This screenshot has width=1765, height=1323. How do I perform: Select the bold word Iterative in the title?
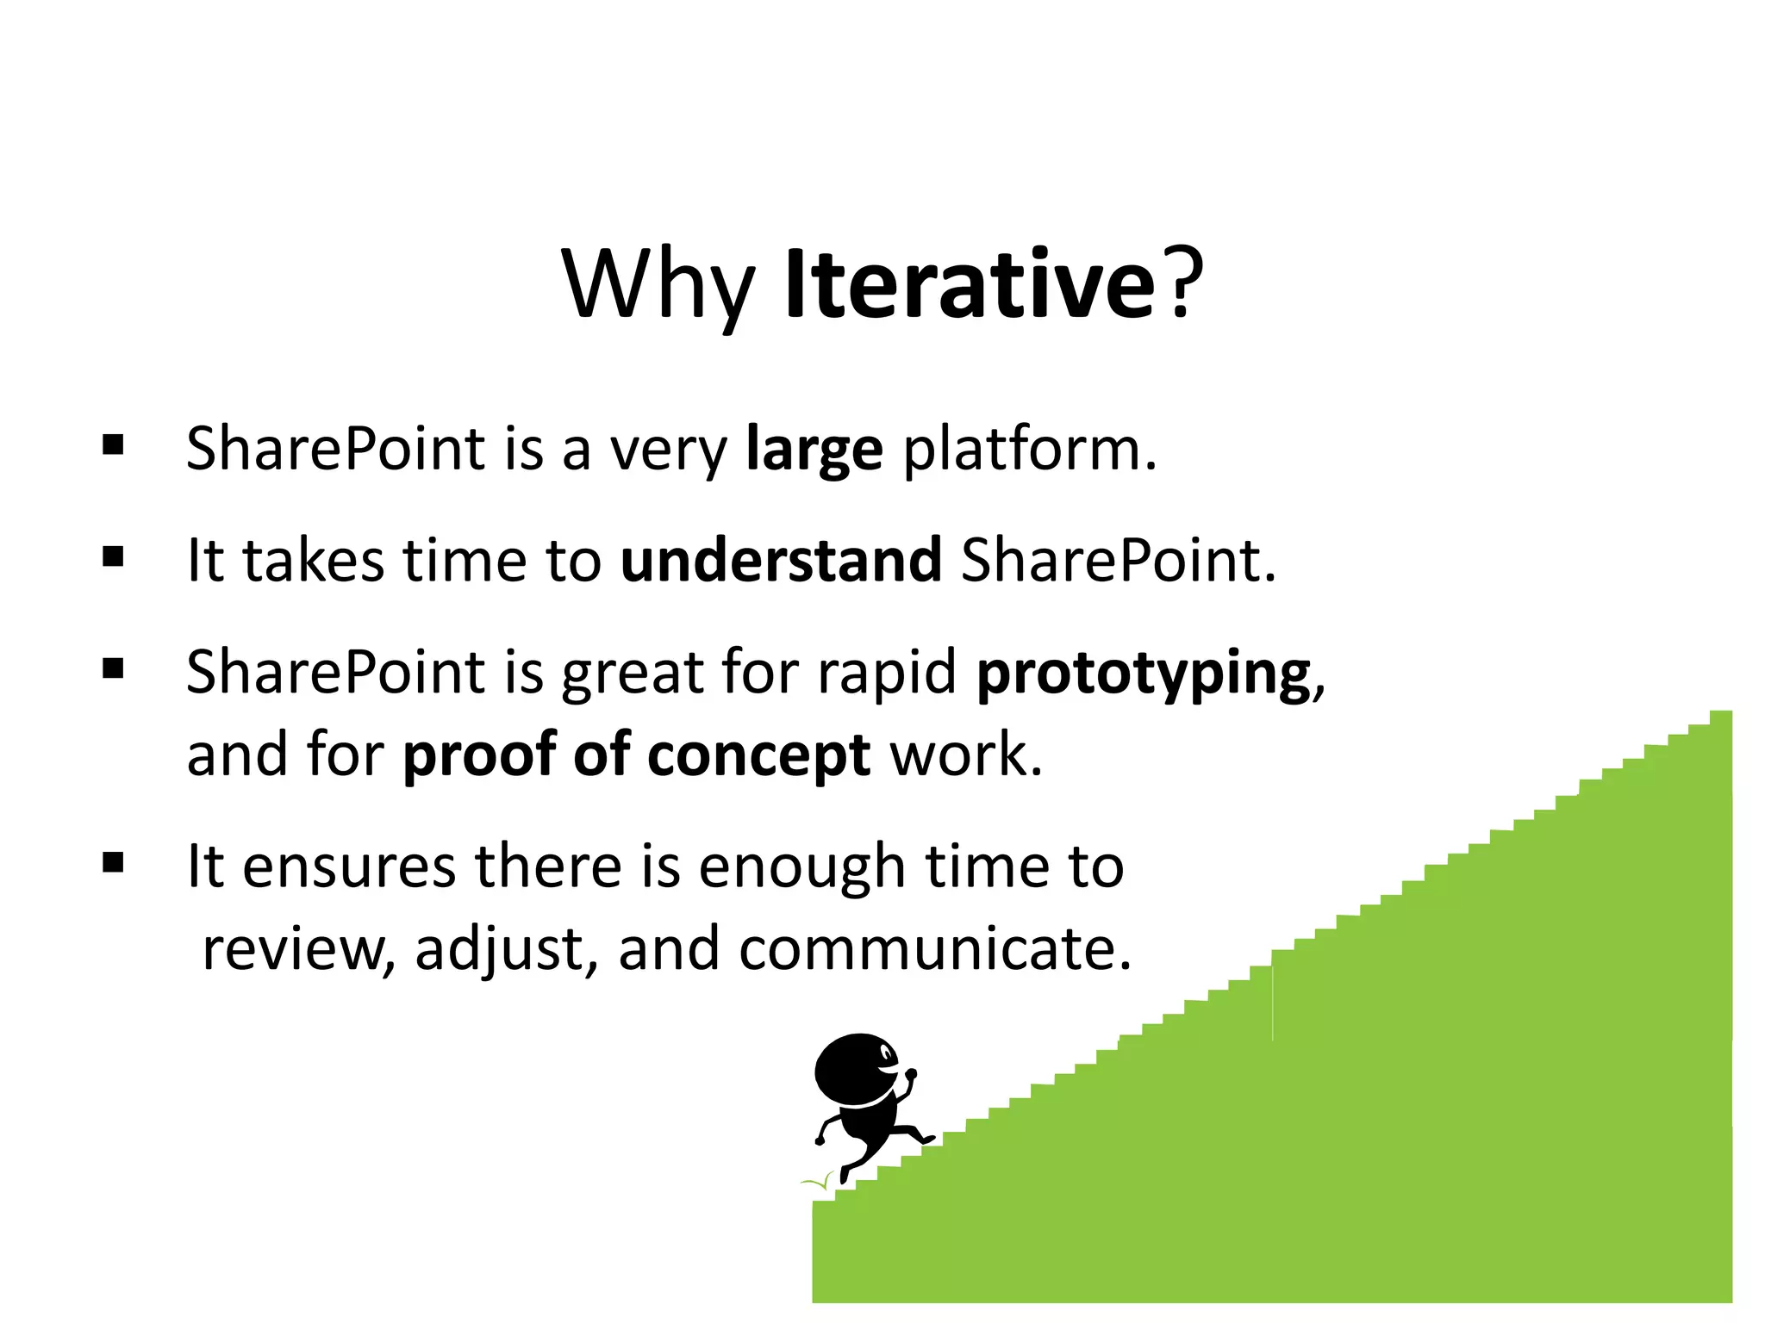click(x=969, y=284)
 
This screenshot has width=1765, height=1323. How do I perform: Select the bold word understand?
click(x=781, y=561)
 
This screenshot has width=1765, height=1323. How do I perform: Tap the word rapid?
click(x=886, y=673)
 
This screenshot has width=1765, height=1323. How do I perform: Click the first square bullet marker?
click(x=113, y=445)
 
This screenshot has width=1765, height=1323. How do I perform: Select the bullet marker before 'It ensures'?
click(x=113, y=862)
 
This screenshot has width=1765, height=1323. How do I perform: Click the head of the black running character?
click(x=856, y=1071)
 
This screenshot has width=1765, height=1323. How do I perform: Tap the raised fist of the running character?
click(x=910, y=1075)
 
